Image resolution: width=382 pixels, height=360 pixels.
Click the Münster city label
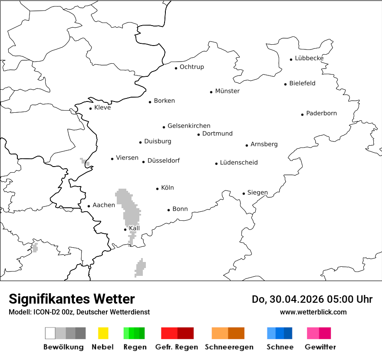click(x=227, y=91)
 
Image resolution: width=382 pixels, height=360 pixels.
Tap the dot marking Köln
click(x=158, y=189)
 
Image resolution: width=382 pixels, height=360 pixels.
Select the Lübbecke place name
click(x=309, y=58)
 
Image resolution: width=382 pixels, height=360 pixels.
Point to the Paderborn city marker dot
click(x=303, y=115)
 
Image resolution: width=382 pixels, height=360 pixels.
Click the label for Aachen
click(x=104, y=205)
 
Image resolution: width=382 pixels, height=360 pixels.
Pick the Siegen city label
click(x=257, y=193)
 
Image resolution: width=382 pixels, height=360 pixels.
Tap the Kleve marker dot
click(x=91, y=108)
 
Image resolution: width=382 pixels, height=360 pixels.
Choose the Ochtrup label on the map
click(x=191, y=67)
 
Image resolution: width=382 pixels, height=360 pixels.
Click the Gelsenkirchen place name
click(x=189, y=126)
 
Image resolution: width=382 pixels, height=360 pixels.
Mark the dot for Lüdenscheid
click(x=217, y=164)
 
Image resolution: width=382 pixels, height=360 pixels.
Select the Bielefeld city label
click(x=302, y=83)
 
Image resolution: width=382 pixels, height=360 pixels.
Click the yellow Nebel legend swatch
click(x=103, y=333)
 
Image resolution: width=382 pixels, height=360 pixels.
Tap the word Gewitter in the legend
click(x=320, y=347)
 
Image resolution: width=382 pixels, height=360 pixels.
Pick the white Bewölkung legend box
click(x=50, y=333)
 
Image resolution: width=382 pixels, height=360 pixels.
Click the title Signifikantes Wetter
click(x=72, y=299)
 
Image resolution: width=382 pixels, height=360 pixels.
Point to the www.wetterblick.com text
click(x=313, y=312)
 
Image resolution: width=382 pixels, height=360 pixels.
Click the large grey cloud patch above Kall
click(x=128, y=206)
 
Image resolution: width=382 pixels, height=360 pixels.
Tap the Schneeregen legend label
click(x=229, y=347)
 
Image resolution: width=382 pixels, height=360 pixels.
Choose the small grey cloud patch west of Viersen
click(x=85, y=163)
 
